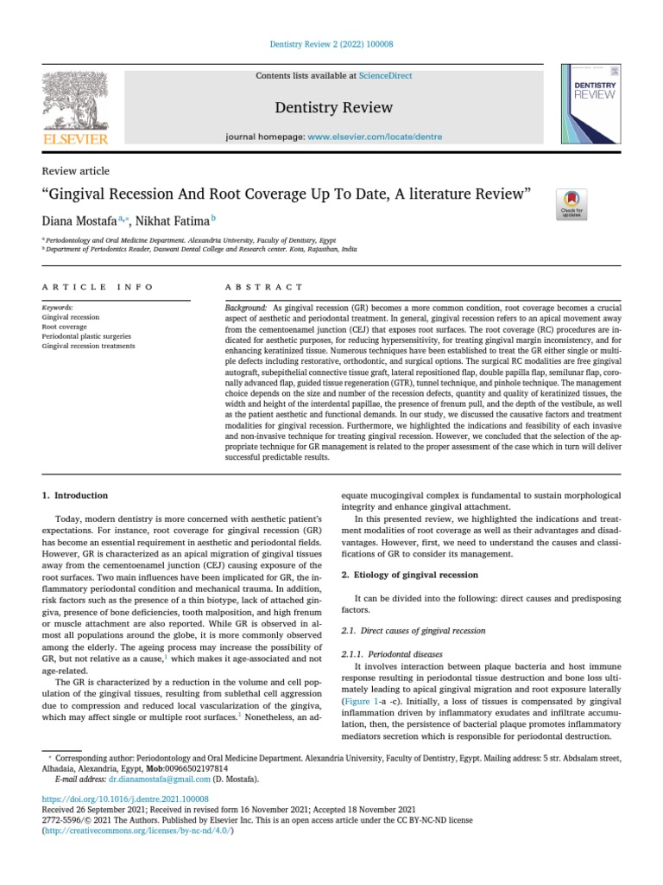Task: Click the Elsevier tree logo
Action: [75, 101]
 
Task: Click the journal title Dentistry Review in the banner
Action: [321, 107]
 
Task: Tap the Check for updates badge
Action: [571, 205]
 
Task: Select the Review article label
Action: [76, 171]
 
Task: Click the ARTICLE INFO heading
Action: [98, 287]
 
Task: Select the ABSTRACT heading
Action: [264, 287]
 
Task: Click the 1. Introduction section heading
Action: [75, 495]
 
